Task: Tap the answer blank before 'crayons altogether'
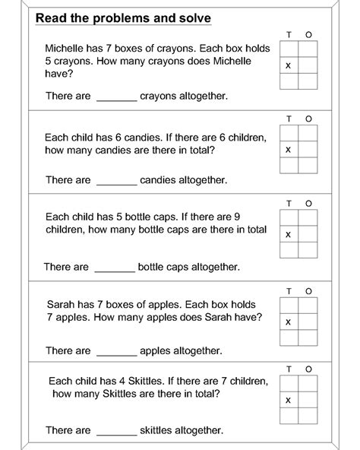pos(116,97)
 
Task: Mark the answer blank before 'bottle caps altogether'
pos(115,268)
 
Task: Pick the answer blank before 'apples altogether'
pos(116,351)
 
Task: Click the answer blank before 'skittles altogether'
pos(116,430)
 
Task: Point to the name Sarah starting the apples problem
pos(60,303)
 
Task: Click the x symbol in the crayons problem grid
pos(288,66)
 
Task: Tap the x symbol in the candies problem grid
pos(288,150)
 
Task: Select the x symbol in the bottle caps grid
pos(288,234)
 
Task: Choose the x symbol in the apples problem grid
pos(288,322)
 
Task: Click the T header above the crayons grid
pos(289,34)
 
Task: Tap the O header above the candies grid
pos(308,119)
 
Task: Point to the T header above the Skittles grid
pos(289,369)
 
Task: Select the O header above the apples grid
pos(308,290)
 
